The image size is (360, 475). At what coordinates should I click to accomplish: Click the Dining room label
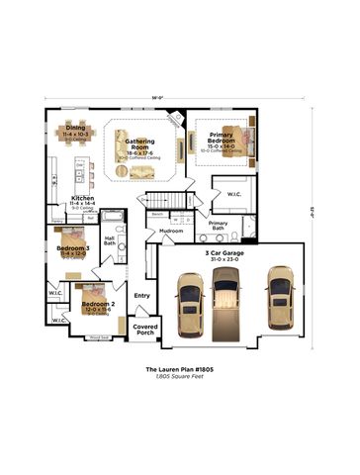coord(75,128)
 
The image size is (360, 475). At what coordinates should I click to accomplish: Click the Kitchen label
coord(82,198)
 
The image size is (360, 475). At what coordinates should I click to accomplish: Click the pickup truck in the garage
coord(227,300)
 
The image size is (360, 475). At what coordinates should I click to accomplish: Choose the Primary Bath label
coord(219,226)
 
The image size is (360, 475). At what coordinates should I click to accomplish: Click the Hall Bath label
coord(110,240)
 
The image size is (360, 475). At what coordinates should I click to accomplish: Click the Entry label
coord(142,295)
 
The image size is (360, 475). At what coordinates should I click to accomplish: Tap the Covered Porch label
coord(145,329)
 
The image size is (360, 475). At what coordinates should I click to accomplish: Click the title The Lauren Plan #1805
coord(180,368)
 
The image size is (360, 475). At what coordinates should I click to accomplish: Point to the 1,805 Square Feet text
coord(180,377)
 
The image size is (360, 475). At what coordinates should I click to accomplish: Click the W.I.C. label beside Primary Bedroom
coord(234,194)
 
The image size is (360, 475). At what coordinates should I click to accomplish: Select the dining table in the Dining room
coord(75,144)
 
